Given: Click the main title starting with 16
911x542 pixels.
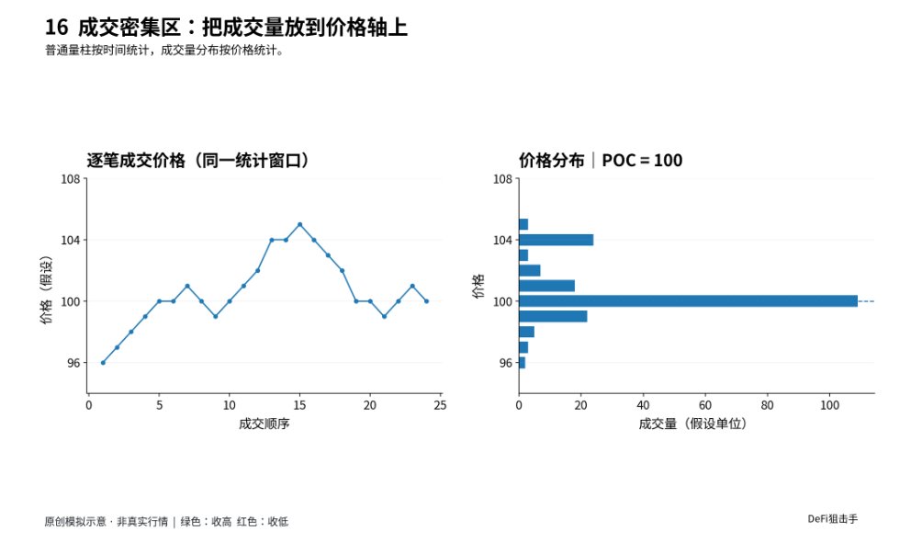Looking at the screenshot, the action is [226, 28].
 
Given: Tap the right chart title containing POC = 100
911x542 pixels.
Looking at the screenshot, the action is [601, 161].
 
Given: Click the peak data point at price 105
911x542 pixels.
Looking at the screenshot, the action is [299, 224].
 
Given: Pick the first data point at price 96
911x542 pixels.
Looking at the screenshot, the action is [103, 363].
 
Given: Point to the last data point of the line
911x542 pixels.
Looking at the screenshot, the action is [426, 301].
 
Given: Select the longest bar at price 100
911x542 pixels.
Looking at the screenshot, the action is [688, 301].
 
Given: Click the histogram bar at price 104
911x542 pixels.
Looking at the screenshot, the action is [556, 240].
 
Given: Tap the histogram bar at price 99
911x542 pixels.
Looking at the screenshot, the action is [553, 317].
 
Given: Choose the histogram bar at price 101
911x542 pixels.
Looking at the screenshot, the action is [546, 286].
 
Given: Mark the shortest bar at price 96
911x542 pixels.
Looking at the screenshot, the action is [522, 363].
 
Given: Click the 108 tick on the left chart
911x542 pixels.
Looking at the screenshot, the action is [71, 179].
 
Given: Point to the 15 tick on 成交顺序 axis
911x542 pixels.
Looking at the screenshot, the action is [299, 405].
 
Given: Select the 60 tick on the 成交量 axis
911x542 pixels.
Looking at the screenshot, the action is [704, 405].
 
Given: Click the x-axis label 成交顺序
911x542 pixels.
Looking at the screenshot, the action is [264, 424].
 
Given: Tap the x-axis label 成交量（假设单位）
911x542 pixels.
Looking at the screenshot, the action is [692, 424].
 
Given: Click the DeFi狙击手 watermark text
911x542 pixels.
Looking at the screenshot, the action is [833, 519].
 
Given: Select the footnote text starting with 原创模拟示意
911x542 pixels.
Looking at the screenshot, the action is [166, 522].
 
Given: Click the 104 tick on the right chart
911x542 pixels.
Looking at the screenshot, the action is [502, 240].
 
